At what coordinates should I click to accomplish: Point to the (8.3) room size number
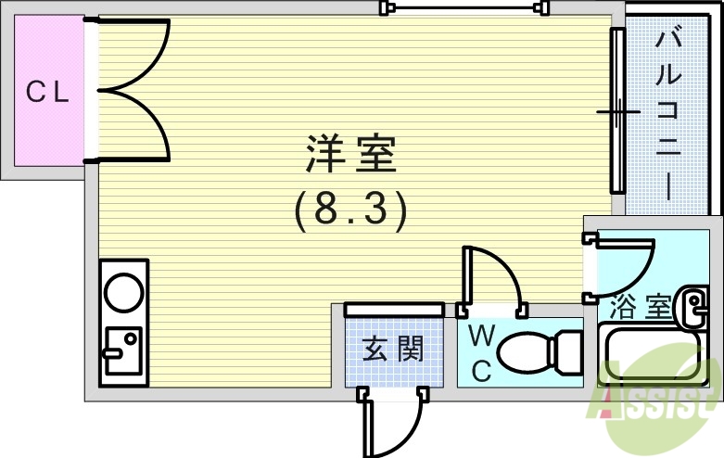350,211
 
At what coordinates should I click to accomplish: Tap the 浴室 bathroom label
641,305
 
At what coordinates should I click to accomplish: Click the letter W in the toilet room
481,334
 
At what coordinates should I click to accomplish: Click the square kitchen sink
122,350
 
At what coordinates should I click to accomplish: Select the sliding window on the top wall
461,7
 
